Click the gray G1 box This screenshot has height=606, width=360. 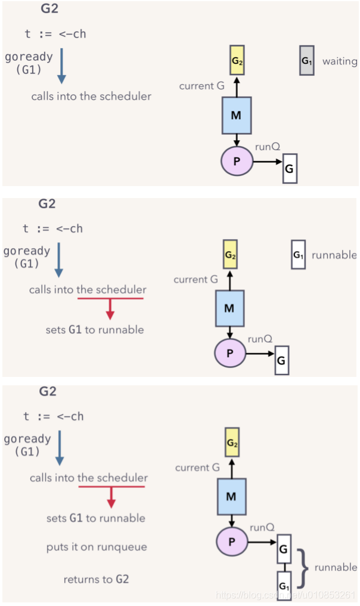[307, 60]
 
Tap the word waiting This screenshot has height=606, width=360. [340, 61]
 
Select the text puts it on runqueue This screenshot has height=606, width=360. [97, 547]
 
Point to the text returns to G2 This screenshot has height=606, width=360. [96, 579]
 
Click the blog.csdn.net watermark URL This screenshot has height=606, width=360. [285, 595]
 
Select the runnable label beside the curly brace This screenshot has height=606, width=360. [336, 567]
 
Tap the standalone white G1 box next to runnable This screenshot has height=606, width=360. [298, 254]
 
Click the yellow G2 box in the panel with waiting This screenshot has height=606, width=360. [237, 60]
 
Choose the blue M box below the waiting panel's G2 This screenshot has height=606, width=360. [237, 115]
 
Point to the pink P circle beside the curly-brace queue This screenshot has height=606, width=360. [232, 542]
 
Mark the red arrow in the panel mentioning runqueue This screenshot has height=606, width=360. [111, 497]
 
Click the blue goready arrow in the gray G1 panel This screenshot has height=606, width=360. [61, 66]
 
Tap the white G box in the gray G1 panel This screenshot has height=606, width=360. [290, 168]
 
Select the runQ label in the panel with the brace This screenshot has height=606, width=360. [262, 527]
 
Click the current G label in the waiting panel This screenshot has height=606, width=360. [201, 86]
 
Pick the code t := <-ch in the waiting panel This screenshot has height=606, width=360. [55, 34]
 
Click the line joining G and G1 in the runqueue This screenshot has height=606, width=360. [285, 567]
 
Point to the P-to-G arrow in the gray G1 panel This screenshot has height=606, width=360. [268, 162]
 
